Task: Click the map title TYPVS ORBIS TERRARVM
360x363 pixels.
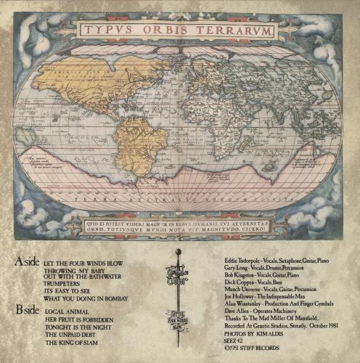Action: (x=179, y=30)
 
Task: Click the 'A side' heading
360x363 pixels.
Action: (x=27, y=258)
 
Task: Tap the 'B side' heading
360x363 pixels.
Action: (x=27, y=310)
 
